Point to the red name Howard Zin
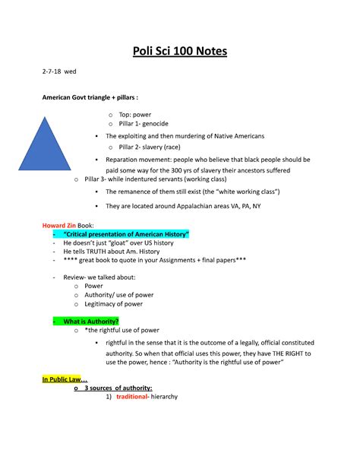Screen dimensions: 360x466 coord(58,226)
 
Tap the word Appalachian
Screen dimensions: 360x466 coord(192,206)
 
